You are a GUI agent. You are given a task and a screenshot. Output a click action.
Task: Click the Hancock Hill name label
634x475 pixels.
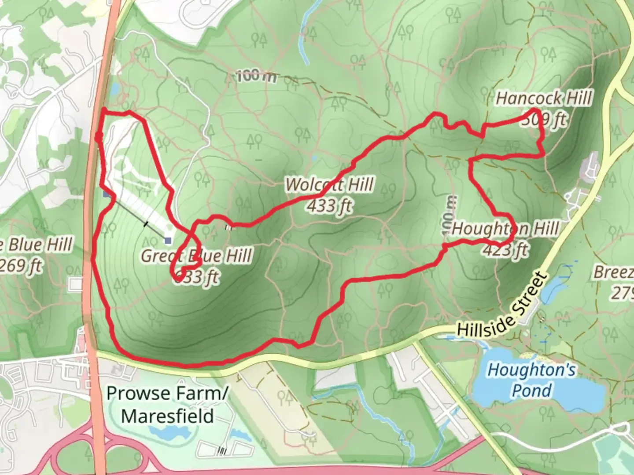pos(543,98)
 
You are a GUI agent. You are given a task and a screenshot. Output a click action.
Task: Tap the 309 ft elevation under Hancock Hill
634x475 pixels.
pos(543,119)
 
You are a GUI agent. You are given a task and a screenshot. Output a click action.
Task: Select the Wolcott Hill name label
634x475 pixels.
pos(329,185)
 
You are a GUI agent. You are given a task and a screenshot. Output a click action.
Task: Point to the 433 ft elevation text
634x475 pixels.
pos(329,205)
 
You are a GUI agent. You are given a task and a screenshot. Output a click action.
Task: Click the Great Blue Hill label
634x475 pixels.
pos(196,256)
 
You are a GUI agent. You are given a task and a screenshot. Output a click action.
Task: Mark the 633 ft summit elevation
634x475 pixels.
pos(196,277)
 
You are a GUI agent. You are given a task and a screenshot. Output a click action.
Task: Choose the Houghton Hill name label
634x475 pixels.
pos(505,229)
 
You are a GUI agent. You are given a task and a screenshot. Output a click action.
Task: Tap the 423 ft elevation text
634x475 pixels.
pos(505,250)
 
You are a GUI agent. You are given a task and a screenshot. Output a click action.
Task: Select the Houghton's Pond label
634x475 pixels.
pos(531,380)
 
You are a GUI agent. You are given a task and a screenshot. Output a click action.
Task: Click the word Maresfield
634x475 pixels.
pos(167,416)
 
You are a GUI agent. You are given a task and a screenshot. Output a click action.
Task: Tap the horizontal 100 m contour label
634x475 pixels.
pos(257,77)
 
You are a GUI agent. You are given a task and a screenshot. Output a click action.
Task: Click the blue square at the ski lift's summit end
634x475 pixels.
pos(168,240)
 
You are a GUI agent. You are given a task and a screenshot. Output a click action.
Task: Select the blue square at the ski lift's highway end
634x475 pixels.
pos(106,194)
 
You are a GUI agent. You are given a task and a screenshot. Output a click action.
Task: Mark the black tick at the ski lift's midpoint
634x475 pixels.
pos(146,224)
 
